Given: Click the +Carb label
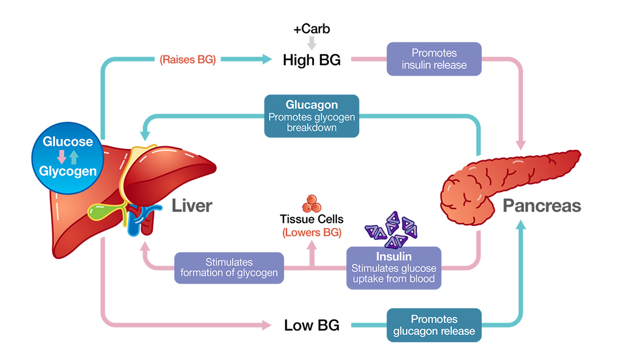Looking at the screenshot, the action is click(311, 29).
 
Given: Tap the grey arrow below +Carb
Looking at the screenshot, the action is click(311, 43).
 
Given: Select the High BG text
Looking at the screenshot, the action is click(311, 60).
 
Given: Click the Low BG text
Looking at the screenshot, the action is click(311, 326).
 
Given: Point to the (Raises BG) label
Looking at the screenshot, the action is click(187, 59).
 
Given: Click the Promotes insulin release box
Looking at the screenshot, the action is click(434, 59).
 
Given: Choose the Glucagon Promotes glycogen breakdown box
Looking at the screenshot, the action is click(311, 116).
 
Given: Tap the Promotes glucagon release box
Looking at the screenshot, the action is click(434, 325).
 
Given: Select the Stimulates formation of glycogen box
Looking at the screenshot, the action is click(229, 268).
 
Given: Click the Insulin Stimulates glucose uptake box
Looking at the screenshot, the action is click(394, 268).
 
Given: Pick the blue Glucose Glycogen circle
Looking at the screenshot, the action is click(68, 158).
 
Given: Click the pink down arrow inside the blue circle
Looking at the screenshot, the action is click(62, 157).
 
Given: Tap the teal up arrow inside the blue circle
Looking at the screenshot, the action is click(74, 157).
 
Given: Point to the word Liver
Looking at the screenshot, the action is click(192, 206).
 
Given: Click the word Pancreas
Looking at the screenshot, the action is click(542, 206).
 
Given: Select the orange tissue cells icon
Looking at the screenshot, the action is click(311, 203).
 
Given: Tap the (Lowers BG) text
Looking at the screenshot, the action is click(311, 233).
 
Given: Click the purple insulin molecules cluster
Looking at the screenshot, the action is click(391, 230).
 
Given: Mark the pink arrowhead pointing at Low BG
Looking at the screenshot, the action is click(267, 325).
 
